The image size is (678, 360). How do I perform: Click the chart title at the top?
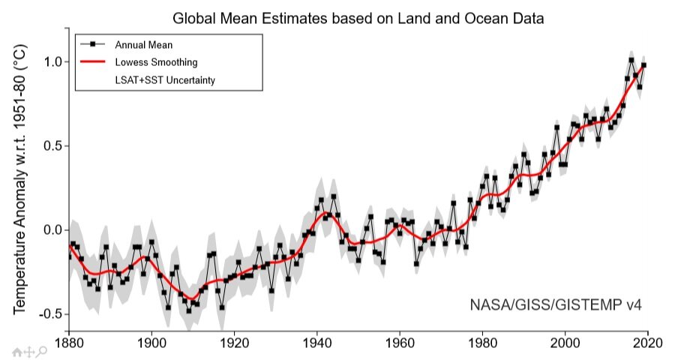(x=358, y=16)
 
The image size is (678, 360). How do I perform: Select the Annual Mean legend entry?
(x=150, y=44)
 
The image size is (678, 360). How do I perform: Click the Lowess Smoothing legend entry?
(x=156, y=61)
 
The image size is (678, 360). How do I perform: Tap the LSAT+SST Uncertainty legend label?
(x=164, y=79)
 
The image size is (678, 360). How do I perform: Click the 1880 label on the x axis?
(x=68, y=339)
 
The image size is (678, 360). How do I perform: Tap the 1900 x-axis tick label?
(x=151, y=339)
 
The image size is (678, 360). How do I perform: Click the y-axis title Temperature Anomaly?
(x=20, y=180)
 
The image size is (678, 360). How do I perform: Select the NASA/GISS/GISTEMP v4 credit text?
(x=556, y=305)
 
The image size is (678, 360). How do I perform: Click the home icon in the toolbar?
(x=16, y=350)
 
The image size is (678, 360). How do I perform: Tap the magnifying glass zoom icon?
(x=43, y=350)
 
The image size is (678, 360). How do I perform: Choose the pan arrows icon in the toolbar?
(x=29, y=350)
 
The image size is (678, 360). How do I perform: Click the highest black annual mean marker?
(x=631, y=59)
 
